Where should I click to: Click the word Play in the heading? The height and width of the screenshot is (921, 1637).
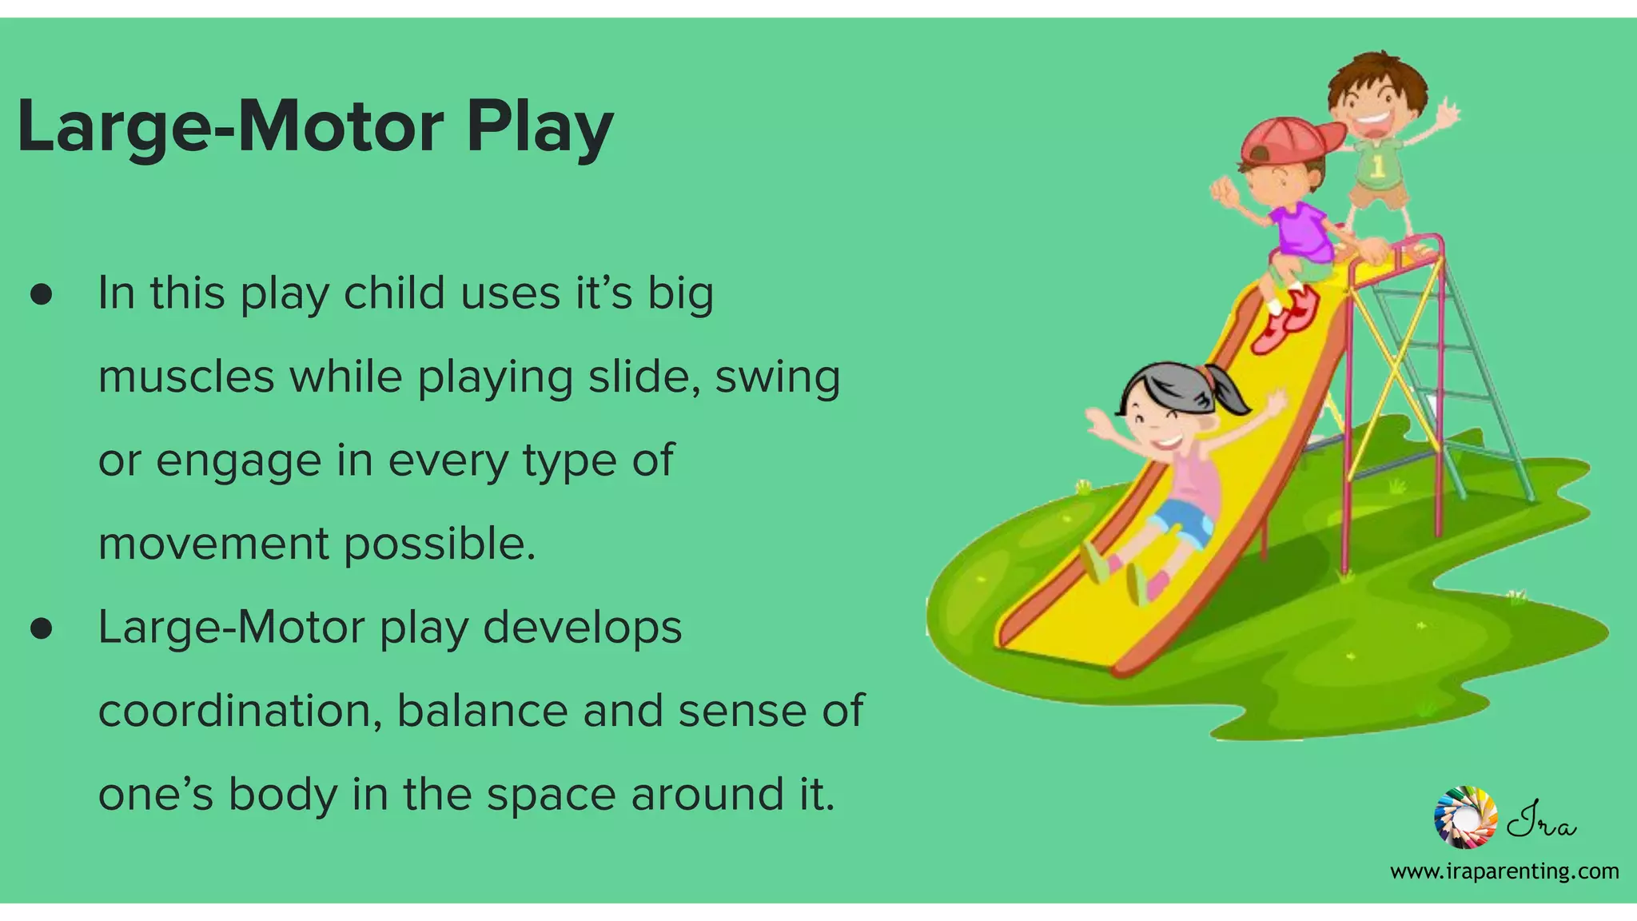[x=540, y=128]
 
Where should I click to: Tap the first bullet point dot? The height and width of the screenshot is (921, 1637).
[x=42, y=295]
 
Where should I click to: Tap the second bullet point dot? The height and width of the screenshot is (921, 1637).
[x=42, y=629]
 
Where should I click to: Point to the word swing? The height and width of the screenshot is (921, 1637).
[x=777, y=378]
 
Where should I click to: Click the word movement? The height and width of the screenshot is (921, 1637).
[x=213, y=544]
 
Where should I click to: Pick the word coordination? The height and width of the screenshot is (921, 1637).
[x=239, y=711]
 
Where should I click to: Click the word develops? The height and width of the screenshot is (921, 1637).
[x=583, y=628]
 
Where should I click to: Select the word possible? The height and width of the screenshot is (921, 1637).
[x=440, y=544]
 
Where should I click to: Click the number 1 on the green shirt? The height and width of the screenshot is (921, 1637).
[x=1378, y=166]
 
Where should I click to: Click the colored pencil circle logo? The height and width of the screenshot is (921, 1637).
[x=1465, y=816]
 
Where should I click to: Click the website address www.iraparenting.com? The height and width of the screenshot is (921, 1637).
[x=1504, y=871]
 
